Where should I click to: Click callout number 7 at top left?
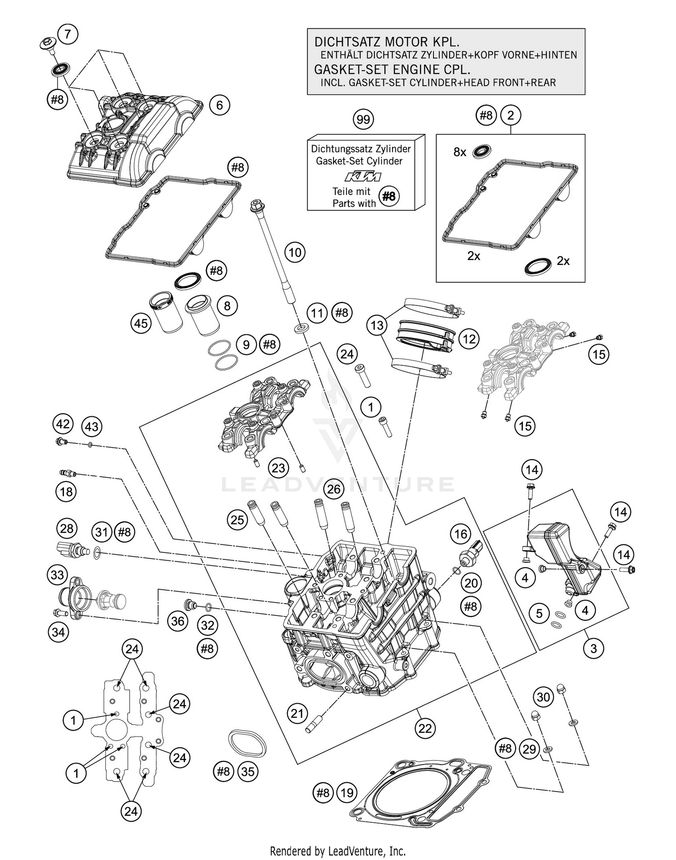pos(68,34)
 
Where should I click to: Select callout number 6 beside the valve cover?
pos(219,105)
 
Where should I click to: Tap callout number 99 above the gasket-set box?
pos(363,119)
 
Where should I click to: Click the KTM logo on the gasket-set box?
pos(363,176)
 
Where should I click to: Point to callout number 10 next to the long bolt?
pos(295,252)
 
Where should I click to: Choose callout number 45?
pos(141,323)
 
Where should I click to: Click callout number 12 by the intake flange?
pos(469,339)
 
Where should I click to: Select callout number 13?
pos(377,325)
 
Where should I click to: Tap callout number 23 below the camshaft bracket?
pos(278,468)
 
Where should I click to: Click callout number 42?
pos(63,424)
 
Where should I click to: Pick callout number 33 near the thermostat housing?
pos(58,575)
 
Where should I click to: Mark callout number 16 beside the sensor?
pos(461,534)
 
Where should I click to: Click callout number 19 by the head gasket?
pos(347,792)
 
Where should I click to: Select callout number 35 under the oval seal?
pos(248,772)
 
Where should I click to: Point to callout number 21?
pos(297,713)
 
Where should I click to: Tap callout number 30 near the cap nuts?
pos(544,697)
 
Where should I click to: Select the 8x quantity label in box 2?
pos(460,152)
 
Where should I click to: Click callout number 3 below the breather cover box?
pos(594,648)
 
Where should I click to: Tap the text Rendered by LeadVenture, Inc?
pos(338,851)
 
